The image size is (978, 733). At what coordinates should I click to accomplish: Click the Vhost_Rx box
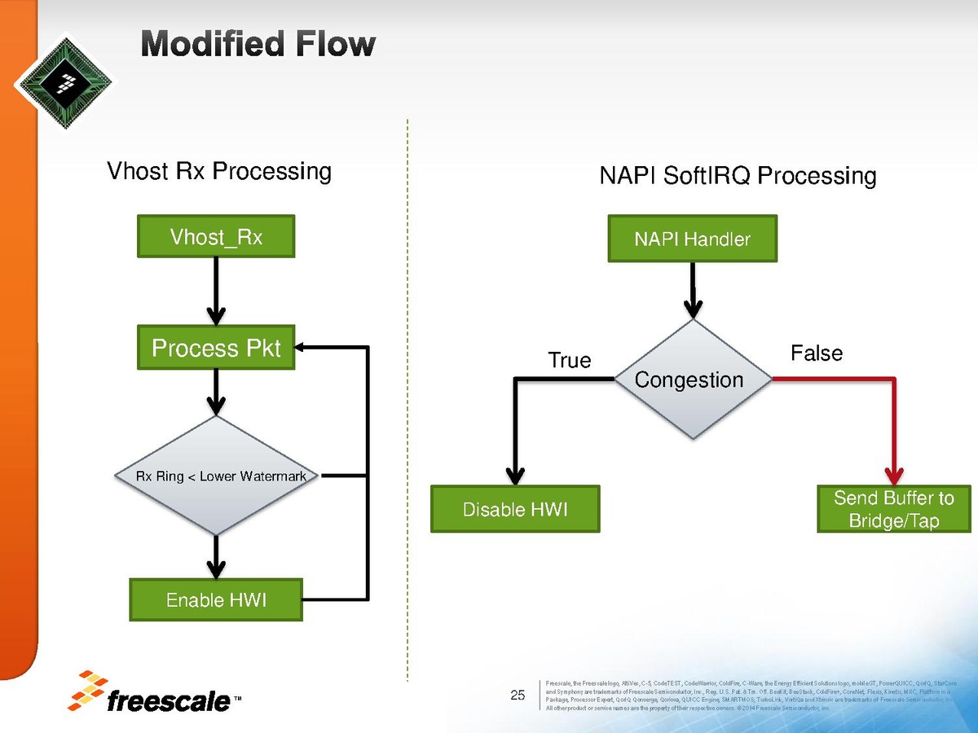click(216, 236)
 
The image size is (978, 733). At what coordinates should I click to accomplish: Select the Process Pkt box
click(216, 349)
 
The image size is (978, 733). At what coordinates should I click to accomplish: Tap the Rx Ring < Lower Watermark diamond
click(216, 476)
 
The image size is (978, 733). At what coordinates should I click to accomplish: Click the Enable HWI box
click(216, 600)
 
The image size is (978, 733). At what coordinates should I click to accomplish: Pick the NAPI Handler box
click(692, 239)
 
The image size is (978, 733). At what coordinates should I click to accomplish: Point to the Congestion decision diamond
click(690, 380)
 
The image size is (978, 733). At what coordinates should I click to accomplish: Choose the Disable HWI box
click(515, 510)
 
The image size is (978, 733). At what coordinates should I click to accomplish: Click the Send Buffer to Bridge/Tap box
click(893, 509)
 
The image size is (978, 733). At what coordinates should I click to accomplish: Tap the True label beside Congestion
click(569, 360)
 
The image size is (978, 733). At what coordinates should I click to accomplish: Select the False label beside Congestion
click(816, 353)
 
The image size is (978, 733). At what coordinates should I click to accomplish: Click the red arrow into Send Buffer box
click(894, 432)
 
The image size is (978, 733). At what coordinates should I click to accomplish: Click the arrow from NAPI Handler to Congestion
click(692, 290)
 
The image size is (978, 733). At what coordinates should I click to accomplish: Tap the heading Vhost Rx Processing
click(219, 171)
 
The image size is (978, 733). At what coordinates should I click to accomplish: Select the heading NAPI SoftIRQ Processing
click(738, 176)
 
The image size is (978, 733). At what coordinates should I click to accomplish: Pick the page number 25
click(518, 695)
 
